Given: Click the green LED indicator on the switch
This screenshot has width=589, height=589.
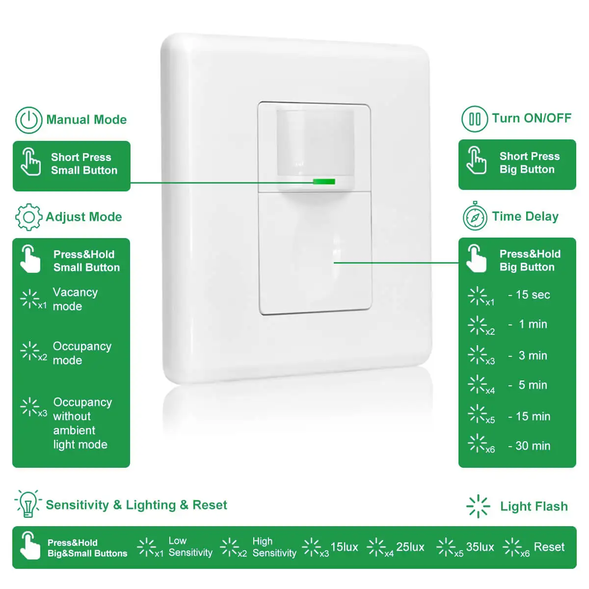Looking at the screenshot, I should tap(324, 182).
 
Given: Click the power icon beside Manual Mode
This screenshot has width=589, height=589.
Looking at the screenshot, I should tap(28, 120).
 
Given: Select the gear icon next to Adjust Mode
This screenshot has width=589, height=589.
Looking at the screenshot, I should tap(28, 217).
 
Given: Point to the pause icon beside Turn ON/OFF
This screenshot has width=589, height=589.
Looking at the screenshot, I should tap(474, 119).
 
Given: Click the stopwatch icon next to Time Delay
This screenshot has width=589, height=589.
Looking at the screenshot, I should tap(475, 217).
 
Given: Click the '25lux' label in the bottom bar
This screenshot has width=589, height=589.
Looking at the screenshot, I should tap(410, 547).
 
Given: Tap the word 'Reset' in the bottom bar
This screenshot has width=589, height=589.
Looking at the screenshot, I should tap(549, 547).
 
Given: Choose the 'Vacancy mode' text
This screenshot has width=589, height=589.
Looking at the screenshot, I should tap(75, 299).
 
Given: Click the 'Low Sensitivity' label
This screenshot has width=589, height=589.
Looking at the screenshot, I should tap(190, 547).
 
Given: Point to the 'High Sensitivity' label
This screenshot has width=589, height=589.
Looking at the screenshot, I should tap(274, 547).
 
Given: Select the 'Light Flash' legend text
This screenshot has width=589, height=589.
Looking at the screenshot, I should tap(534, 507).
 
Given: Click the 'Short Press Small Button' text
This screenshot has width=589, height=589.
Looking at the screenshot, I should tap(84, 164).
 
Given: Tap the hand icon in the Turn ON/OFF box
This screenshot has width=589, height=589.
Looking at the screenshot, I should tap(476, 160).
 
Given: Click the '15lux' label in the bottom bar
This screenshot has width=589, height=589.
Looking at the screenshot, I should tap(344, 547).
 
